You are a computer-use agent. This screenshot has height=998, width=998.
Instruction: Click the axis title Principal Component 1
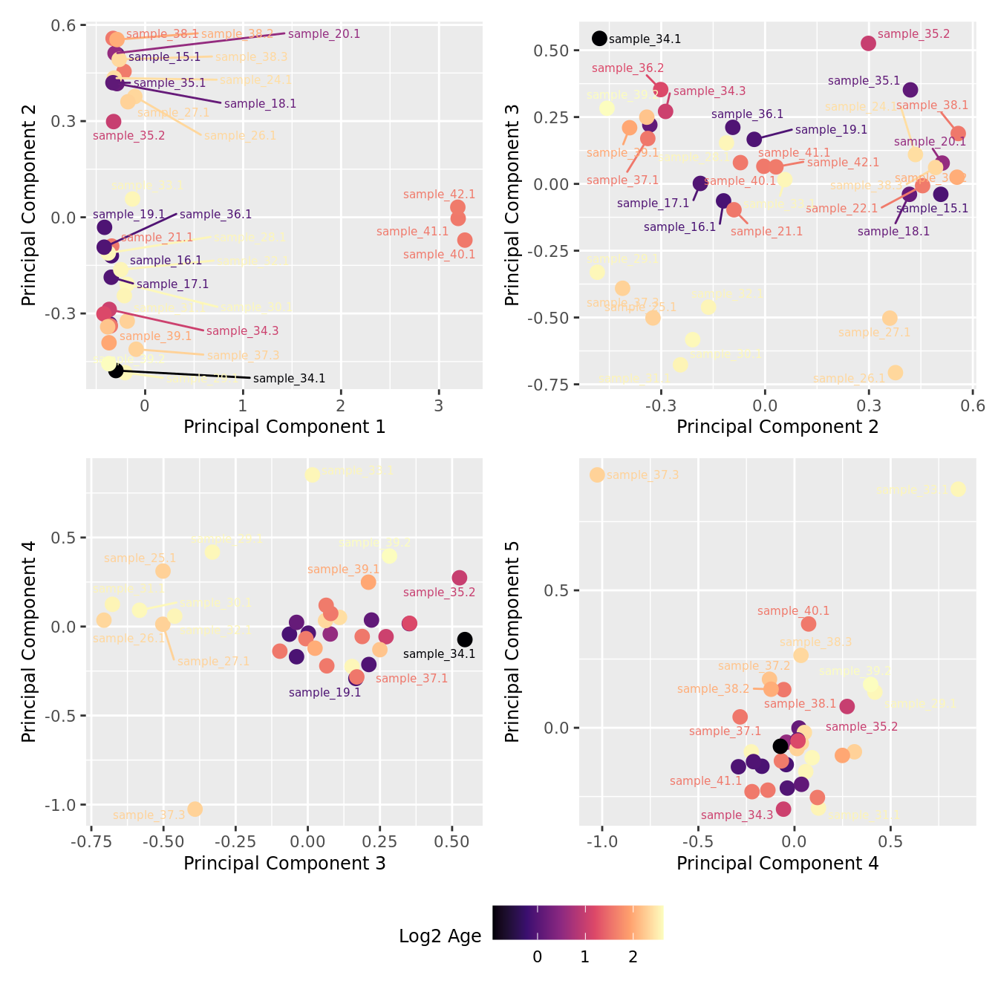(284, 427)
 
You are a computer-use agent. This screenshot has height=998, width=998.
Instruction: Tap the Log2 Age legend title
(440, 936)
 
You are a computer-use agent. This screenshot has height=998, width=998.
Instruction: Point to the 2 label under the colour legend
(633, 957)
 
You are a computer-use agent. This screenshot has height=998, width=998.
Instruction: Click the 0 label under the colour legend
(538, 957)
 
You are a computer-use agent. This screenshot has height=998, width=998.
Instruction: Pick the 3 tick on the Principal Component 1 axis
(439, 405)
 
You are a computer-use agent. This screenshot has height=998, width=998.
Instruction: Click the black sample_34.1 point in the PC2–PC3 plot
(599, 39)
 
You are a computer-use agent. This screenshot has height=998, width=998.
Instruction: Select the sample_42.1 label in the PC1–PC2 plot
(439, 195)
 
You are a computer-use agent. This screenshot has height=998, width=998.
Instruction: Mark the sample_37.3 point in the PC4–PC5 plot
(597, 474)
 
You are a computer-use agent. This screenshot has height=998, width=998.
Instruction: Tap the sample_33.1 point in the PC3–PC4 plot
(313, 474)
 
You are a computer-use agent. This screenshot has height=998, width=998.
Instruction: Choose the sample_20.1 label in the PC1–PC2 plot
(324, 34)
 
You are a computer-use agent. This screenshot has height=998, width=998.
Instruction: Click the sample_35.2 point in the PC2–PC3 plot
(868, 44)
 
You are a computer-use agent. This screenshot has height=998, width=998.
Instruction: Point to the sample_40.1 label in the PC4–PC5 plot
(793, 611)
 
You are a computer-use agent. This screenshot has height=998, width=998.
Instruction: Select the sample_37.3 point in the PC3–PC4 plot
(195, 809)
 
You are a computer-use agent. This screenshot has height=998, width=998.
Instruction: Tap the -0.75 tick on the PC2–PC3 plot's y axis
(549, 385)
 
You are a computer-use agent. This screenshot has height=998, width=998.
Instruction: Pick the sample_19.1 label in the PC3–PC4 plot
(324, 693)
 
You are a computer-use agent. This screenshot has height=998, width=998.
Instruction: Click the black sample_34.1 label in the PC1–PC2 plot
(289, 379)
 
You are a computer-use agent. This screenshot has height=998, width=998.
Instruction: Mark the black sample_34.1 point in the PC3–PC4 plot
(465, 639)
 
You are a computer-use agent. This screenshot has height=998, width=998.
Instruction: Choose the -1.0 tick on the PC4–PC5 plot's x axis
(601, 842)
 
